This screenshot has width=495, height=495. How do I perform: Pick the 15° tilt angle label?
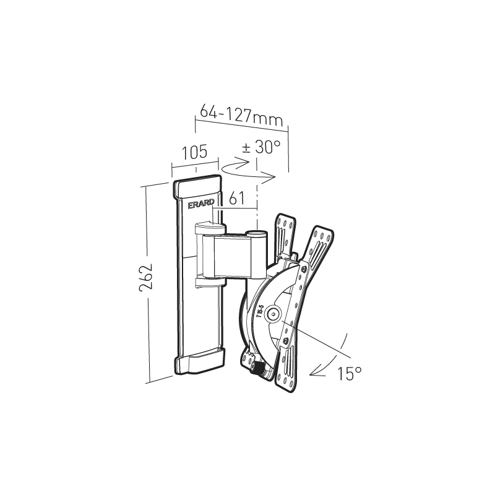pos(349,374)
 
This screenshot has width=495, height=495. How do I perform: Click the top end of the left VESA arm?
pos(286,222)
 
